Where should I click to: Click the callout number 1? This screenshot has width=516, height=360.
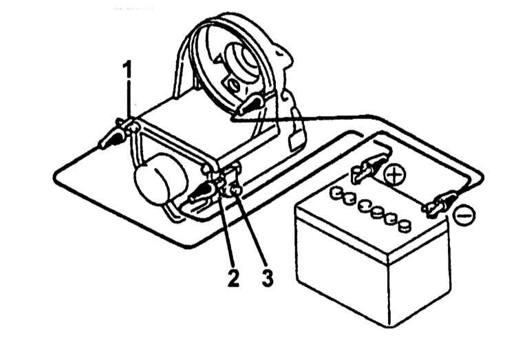[x=127, y=69]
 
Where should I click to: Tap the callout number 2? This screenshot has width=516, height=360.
[x=233, y=277]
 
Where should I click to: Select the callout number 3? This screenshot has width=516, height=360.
[x=267, y=277]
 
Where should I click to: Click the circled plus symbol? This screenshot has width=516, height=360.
[x=395, y=175]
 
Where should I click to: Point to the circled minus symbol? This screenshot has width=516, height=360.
[x=464, y=215]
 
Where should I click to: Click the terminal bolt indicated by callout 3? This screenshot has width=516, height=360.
[x=236, y=191]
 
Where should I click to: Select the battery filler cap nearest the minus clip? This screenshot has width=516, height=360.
[x=405, y=226]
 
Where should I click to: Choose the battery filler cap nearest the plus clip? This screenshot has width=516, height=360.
[x=336, y=193]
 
